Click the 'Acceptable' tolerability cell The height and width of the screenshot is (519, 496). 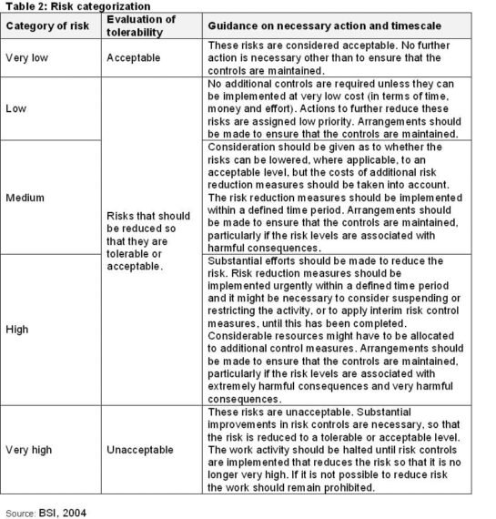(x=136, y=57)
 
